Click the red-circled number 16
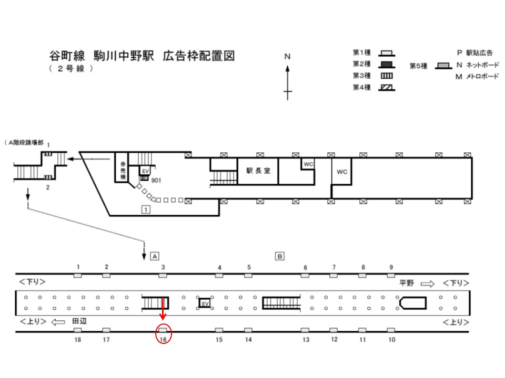pos(163,340)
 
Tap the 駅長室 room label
pos(258,171)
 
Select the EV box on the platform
pos(205,303)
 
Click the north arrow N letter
pos(287,57)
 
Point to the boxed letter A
pos(155,256)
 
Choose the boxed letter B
pos(279,256)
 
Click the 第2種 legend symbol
pos(387,65)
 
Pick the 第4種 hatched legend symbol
pos(387,88)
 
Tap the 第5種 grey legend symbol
pos(443,66)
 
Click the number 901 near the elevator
pos(156,181)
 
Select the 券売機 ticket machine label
pos(123,170)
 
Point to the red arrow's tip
pos(163,320)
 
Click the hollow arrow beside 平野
pos(428,283)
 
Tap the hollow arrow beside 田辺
pos(58,321)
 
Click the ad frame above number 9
pos(391,276)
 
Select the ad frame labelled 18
pos(78,330)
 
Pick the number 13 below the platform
pos(306,340)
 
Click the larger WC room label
pos(342,172)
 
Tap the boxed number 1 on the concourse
pos(146,209)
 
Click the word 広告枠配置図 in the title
pos(199,56)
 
